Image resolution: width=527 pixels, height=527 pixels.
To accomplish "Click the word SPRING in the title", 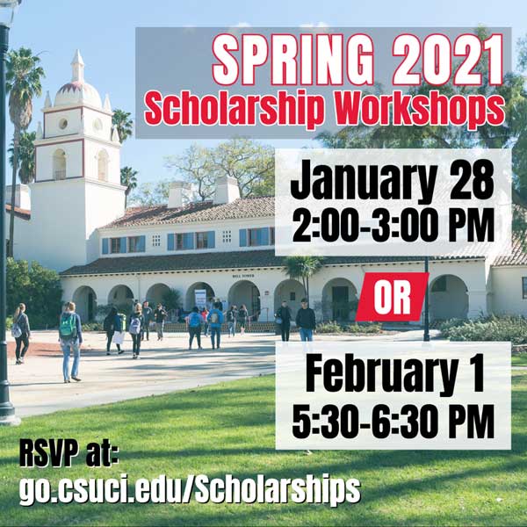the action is tap(293, 61).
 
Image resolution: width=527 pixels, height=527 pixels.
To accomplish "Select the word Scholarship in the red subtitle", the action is tap(234, 108).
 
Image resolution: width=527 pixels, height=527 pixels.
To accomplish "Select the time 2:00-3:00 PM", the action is tap(393, 225).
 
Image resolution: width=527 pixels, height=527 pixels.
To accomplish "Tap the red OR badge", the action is tap(392, 297).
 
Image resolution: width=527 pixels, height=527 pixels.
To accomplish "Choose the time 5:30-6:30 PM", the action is tap(393, 421).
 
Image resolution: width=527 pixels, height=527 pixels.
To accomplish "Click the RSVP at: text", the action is tap(69, 454).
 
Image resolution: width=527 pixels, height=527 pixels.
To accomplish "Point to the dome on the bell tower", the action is tap(77, 95).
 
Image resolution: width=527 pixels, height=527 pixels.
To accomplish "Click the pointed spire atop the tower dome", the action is tap(77, 66).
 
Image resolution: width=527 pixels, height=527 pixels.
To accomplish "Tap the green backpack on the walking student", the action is tap(68, 327).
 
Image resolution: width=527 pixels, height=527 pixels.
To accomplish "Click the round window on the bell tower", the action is tap(63, 124).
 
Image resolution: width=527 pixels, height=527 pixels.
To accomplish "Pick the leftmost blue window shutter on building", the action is tap(105, 246).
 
